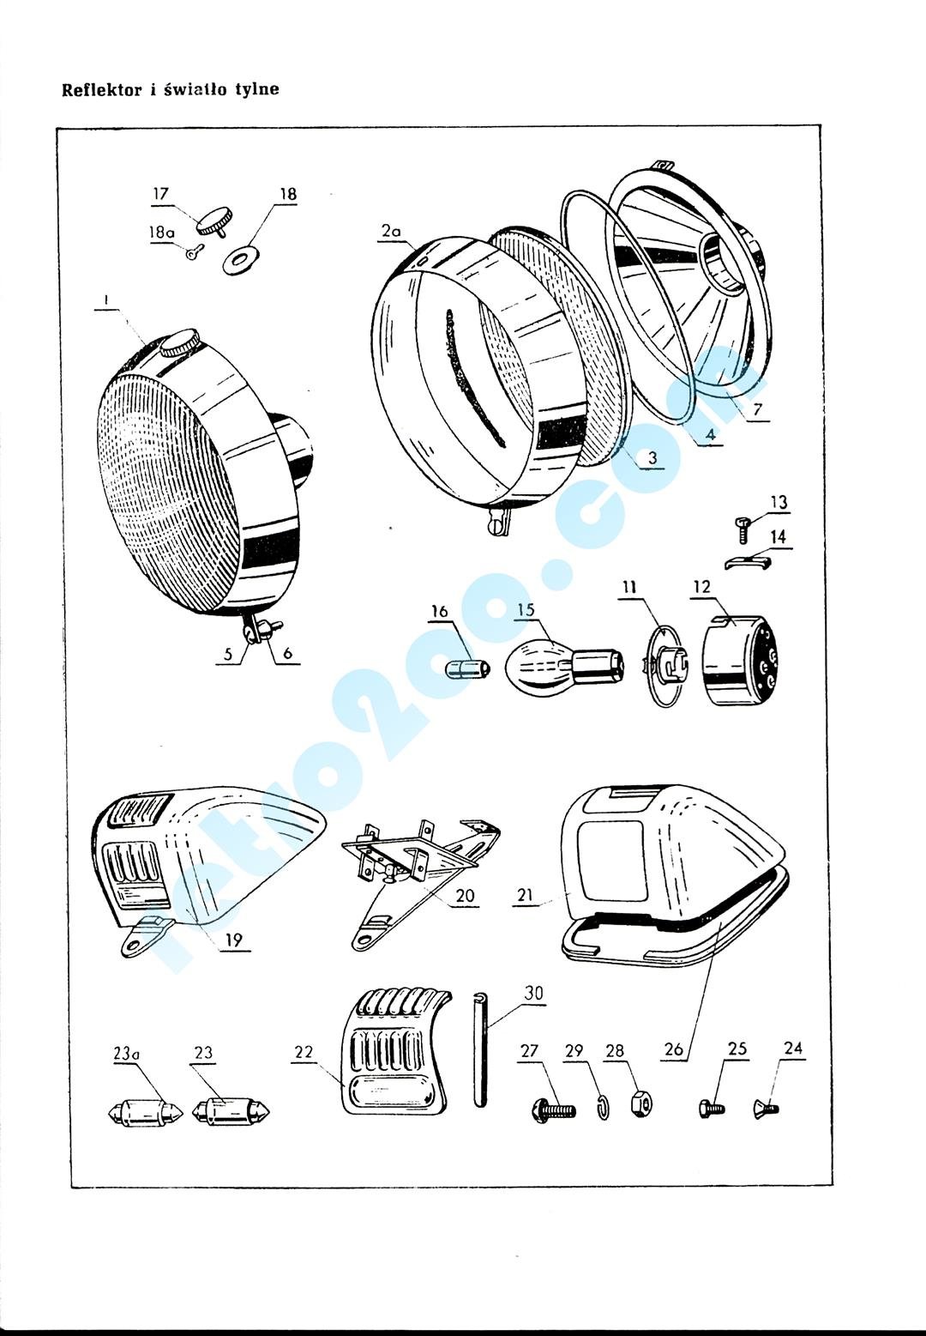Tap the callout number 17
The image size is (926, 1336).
(x=161, y=195)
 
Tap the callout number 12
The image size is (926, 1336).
(x=701, y=588)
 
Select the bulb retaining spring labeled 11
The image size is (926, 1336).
(x=665, y=667)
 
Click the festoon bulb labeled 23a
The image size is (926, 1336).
(x=136, y=1114)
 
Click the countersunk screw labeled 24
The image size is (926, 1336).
(x=766, y=1108)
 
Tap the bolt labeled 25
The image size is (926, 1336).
(x=712, y=1108)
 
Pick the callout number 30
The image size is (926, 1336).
(x=533, y=994)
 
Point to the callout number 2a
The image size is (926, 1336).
(x=391, y=231)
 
